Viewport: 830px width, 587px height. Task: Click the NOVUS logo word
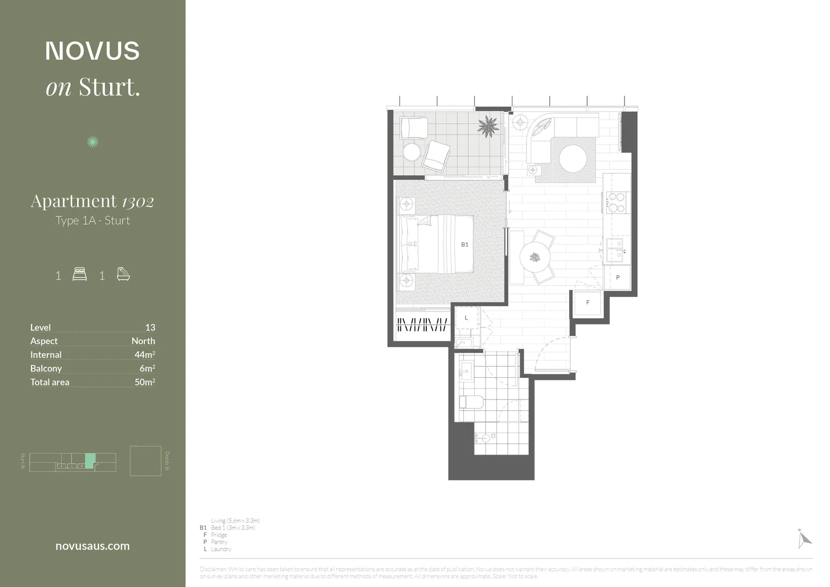(92, 51)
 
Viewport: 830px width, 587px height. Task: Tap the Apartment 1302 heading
(92, 202)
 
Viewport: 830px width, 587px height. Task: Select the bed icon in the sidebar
(79, 274)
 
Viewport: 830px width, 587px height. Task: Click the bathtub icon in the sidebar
(123, 274)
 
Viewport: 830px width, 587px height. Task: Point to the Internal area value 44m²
(144, 354)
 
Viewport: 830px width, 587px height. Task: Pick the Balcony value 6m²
(147, 368)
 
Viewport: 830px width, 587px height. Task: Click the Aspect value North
(143, 341)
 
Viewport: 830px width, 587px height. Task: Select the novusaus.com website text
(92, 546)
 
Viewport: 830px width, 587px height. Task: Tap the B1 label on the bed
(464, 245)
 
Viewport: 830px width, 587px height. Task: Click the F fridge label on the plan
(588, 303)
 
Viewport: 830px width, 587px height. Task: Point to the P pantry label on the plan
(618, 278)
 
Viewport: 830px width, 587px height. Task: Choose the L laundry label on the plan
(466, 318)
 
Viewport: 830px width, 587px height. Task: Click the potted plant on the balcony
(487, 127)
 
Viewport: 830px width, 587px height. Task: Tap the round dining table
(535, 257)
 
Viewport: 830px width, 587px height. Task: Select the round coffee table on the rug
(573, 159)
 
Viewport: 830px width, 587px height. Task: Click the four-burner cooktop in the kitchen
(616, 202)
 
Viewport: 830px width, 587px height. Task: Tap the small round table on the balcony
(412, 152)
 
